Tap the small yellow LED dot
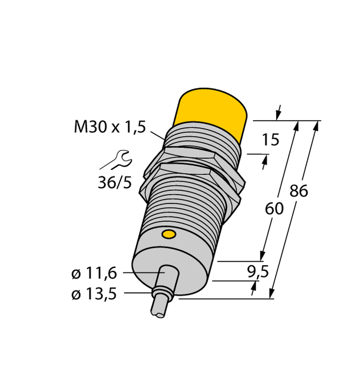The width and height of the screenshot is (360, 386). [169, 234]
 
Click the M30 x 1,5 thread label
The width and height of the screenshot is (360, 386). [109, 127]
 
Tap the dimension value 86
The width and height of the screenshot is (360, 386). [298, 191]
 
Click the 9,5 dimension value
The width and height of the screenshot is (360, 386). [259, 273]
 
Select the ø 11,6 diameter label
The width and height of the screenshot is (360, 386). [94, 274]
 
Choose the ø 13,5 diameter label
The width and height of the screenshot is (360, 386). [94, 295]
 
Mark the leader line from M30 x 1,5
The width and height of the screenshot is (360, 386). [157, 135]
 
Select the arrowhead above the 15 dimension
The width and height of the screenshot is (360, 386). [279, 113]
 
